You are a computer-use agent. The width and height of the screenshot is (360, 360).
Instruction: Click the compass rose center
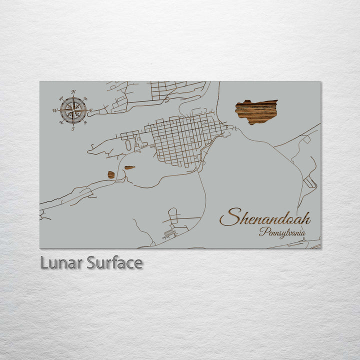pyautogui.click(x=73, y=110)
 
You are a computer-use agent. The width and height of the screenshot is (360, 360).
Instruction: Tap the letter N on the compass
pyautogui.click(x=73, y=92)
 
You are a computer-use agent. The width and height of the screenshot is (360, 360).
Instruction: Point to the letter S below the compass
pyautogui.click(x=73, y=129)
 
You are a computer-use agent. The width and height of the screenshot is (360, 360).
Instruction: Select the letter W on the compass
pyautogui.click(x=55, y=110)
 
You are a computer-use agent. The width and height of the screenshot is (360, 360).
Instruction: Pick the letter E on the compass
pyautogui.click(x=91, y=110)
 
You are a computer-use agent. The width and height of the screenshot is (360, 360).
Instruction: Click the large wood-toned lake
pyautogui.click(x=256, y=111)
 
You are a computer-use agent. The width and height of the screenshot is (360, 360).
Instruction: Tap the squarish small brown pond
pyautogui.click(x=111, y=174)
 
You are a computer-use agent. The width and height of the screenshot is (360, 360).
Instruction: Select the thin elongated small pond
pyautogui.click(x=129, y=167)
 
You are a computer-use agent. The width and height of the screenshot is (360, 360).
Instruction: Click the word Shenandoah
pyautogui.click(x=265, y=218)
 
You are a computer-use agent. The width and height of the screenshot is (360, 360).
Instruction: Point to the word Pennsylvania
pyautogui.click(x=282, y=232)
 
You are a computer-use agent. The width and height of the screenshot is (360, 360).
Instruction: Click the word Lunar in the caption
pyautogui.click(x=61, y=262)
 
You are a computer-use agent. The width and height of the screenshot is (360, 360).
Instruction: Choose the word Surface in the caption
pyautogui.click(x=114, y=262)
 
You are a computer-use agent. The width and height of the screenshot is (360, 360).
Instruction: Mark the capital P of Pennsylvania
pyautogui.click(x=262, y=231)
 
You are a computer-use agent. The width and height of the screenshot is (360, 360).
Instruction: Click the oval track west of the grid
pyautogui.click(x=128, y=145)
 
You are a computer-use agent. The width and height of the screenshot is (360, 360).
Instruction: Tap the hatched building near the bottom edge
pyautogui.click(x=169, y=233)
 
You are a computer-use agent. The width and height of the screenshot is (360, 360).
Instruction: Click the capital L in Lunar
pyautogui.click(x=44, y=262)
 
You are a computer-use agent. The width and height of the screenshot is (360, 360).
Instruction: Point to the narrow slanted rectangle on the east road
pyautogui.click(x=309, y=183)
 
